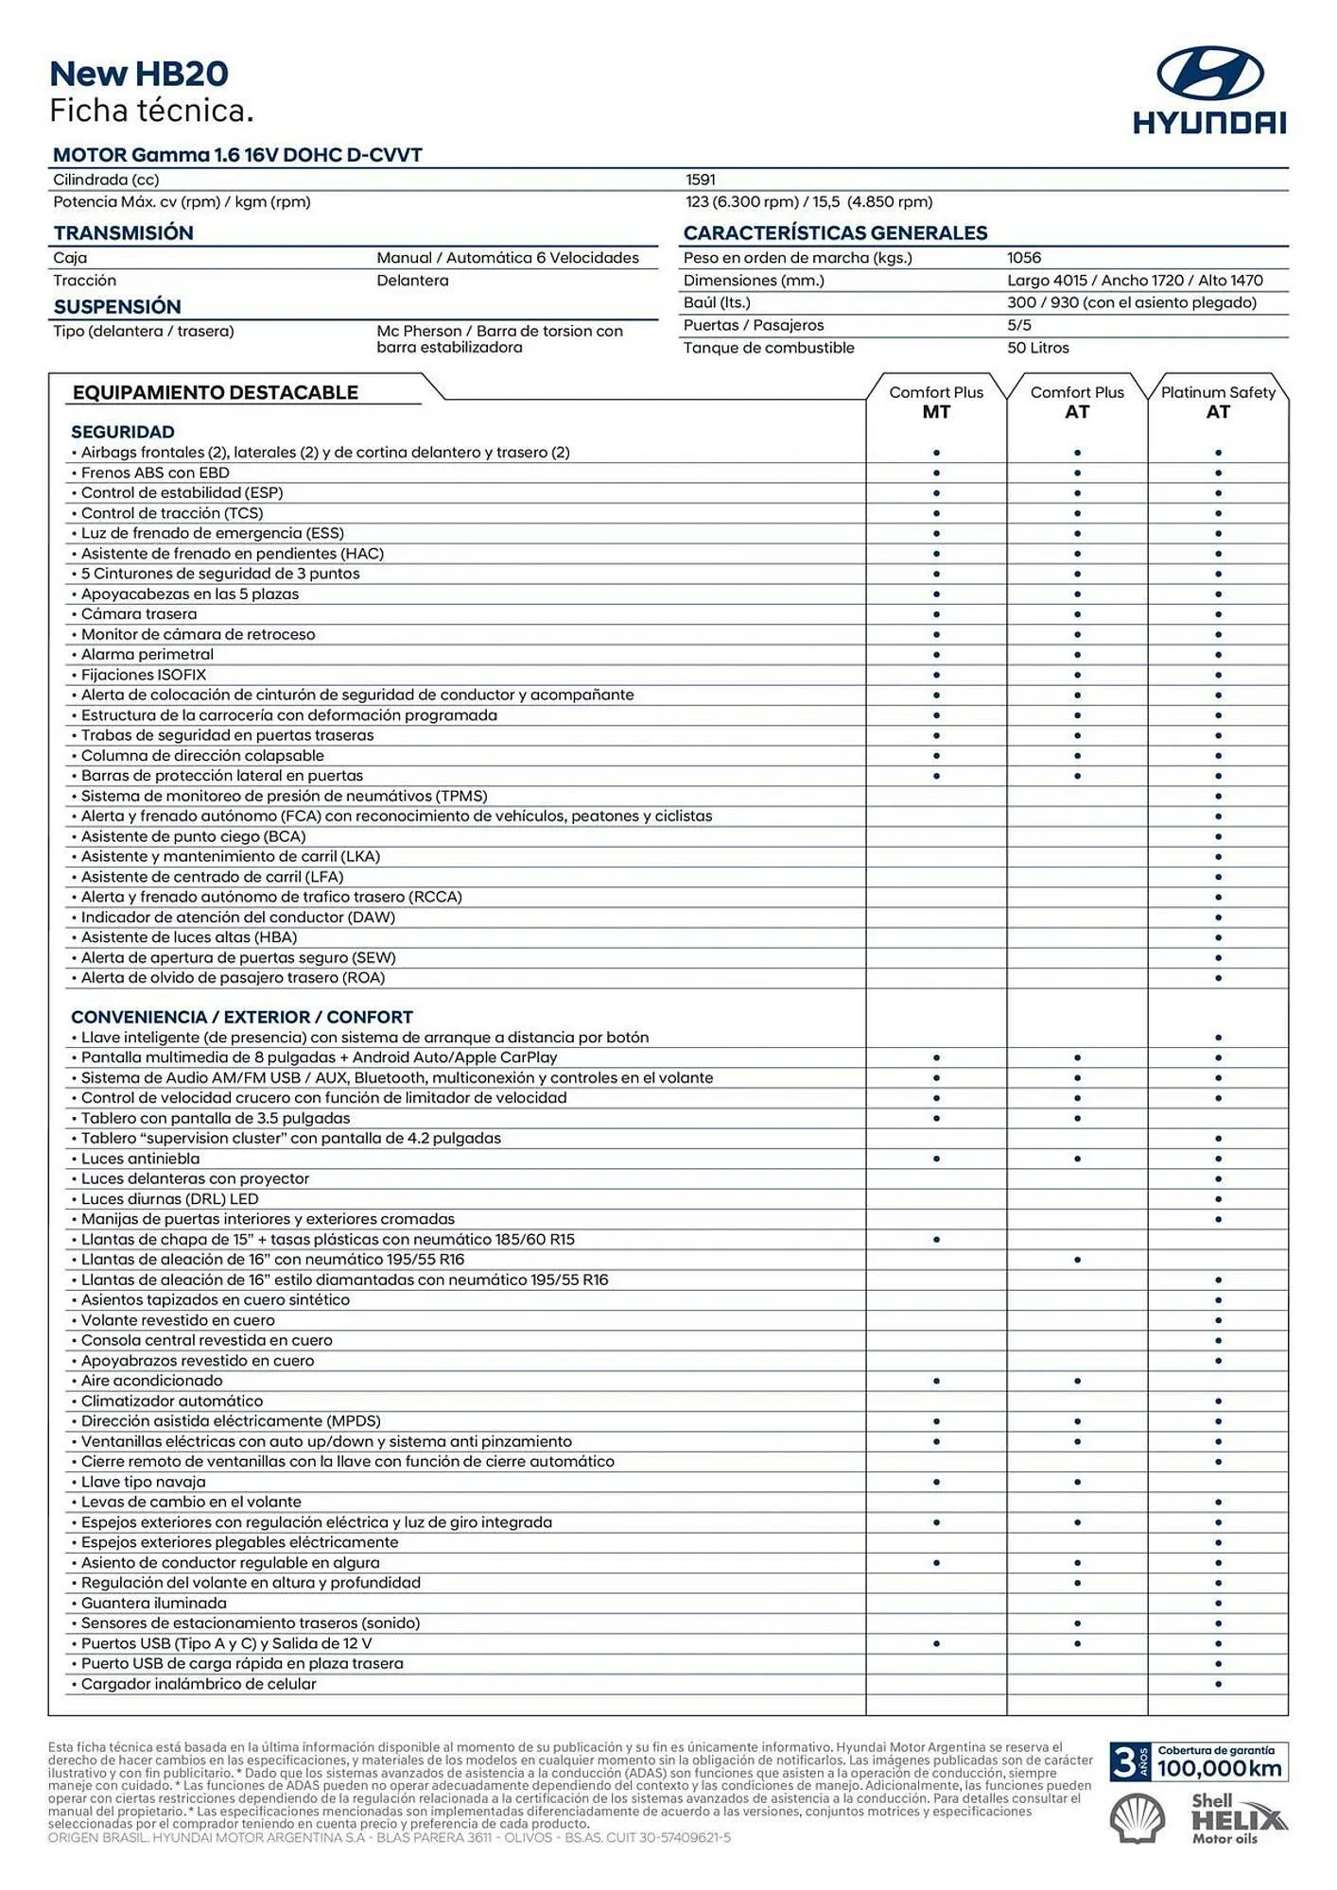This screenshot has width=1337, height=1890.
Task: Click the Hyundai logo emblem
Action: (x=1210, y=73)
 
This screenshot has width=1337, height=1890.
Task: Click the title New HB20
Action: (x=139, y=74)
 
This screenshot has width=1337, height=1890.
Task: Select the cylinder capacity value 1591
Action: (x=701, y=180)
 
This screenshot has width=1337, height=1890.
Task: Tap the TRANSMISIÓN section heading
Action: (x=123, y=232)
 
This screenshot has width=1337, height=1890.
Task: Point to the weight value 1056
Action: (x=1024, y=257)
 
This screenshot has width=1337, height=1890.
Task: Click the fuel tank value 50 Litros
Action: (x=1037, y=348)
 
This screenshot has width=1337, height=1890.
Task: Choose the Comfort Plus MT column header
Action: (x=936, y=402)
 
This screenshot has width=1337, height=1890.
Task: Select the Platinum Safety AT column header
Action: (x=1218, y=402)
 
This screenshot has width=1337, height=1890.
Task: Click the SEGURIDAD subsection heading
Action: (x=123, y=432)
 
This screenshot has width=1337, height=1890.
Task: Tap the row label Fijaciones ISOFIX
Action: (x=143, y=675)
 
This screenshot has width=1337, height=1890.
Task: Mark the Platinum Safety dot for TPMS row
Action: (x=1218, y=797)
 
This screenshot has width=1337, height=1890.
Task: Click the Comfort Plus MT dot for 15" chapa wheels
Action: (x=936, y=1240)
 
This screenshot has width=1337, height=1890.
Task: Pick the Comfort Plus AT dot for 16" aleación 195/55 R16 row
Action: (x=1077, y=1260)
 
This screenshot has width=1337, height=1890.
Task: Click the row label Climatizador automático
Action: (x=171, y=1401)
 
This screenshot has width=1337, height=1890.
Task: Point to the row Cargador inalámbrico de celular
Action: (x=198, y=1684)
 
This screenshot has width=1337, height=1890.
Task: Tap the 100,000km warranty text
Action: (x=1219, y=1769)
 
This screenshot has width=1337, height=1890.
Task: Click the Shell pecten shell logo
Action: (x=1137, y=1819)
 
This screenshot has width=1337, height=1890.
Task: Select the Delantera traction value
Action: (x=412, y=281)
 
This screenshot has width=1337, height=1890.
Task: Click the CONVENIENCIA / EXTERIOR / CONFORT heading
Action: (x=241, y=1017)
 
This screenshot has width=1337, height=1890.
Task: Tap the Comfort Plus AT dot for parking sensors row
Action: (x=1077, y=1624)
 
